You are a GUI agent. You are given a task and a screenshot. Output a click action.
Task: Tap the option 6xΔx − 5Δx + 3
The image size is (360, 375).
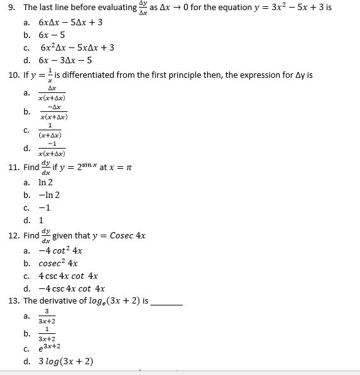coord(70,22)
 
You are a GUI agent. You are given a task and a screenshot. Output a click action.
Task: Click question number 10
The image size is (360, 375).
coord(13,76)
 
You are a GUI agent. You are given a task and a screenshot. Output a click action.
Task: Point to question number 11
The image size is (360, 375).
coord(13,168)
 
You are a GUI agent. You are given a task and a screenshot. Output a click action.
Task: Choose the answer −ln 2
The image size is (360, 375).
coord(50,195)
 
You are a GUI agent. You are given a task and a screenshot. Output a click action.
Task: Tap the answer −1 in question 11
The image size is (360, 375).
coord(45,208)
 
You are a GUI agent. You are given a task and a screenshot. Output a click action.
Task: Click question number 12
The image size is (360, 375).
coord(13,236)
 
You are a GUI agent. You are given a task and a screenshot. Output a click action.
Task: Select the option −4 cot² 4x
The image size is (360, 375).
coord(61,250)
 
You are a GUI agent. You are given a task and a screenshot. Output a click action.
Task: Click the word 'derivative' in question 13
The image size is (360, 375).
coord(63,301)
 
